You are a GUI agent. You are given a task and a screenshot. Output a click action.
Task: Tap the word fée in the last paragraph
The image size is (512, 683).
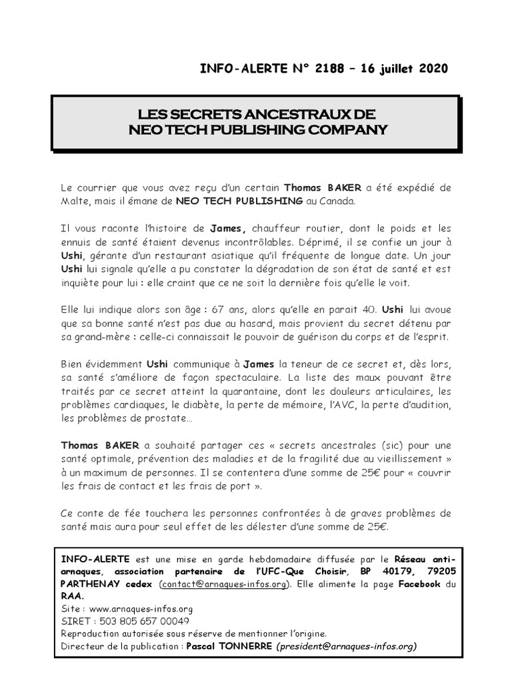[127, 514]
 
